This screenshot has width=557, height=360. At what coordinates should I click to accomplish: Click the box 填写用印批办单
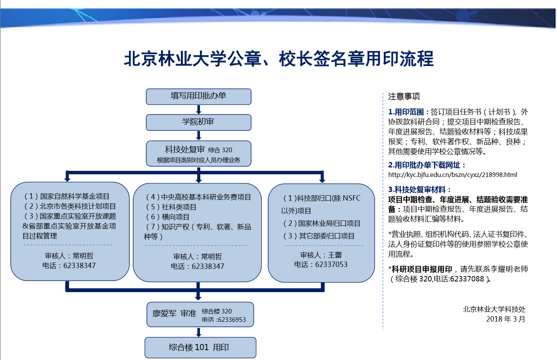pyautogui.click(x=198, y=96)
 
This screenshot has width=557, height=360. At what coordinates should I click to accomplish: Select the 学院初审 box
pyautogui.click(x=198, y=122)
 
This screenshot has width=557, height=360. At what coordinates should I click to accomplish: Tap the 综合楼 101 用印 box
pyautogui.click(x=200, y=347)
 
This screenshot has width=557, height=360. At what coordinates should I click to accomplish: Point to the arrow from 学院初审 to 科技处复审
pyautogui.click(x=198, y=135)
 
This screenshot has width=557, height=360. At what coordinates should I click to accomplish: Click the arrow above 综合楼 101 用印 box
pyautogui.click(x=198, y=332)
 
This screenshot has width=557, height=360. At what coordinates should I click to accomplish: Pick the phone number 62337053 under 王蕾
pyautogui.click(x=331, y=264)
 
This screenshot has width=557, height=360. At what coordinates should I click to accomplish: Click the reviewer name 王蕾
pyautogui.click(x=335, y=255)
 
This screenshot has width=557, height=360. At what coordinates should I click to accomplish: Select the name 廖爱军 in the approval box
pyautogui.click(x=164, y=313)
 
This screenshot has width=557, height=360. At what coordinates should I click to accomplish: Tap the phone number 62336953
pyautogui.click(x=232, y=320)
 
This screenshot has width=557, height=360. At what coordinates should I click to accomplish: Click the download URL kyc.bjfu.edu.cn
pyautogui.click(x=452, y=175)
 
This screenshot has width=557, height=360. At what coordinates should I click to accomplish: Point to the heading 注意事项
pyautogui.click(x=404, y=96)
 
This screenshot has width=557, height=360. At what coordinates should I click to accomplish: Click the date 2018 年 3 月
pyautogui.click(x=506, y=319)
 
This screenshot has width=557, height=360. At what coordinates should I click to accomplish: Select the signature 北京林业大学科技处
pyautogui.click(x=494, y=309)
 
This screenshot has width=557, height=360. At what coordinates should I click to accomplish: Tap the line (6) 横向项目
pyautogui.click(x=167, y=217)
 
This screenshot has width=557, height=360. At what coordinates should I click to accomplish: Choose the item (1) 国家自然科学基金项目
pyautogui.click(x=67, y=196)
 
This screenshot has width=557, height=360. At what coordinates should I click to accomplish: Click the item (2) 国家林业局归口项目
pyautogui.click(x=322, y=223)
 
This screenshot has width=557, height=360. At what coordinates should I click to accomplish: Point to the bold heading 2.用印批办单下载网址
pyautogui.click(x=426, y=165)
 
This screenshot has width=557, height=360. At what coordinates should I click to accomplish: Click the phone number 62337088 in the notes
pyautogui.click(x=467, y=279)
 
